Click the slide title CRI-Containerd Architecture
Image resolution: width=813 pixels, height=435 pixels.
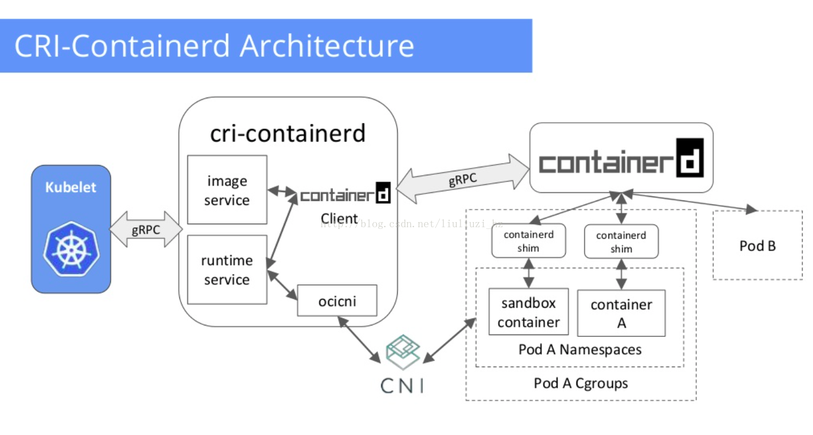214,46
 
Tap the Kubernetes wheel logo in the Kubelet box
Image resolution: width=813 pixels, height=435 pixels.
71,249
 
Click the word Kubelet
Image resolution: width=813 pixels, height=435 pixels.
71,187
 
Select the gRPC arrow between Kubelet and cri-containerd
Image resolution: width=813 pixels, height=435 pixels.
146,229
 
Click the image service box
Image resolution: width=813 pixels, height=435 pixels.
227,190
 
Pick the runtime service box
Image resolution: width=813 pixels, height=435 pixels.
227,269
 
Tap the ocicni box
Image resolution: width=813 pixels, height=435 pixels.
337,300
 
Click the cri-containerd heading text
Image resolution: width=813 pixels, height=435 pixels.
288,133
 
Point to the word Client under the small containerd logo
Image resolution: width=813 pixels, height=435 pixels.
339,219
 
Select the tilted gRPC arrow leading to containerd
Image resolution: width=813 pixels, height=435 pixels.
462,179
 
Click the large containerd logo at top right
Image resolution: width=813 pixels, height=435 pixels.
622,158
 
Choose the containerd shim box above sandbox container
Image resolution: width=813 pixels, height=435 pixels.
528,241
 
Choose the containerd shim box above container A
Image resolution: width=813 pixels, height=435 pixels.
622,241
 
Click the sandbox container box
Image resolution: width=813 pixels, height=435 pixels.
528,312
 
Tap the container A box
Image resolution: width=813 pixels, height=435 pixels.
622,313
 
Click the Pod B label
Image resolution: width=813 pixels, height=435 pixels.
758,246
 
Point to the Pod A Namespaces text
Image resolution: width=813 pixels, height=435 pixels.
580,350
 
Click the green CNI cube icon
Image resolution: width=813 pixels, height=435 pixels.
403,352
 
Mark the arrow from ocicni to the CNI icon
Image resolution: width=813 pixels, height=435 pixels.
359,340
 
